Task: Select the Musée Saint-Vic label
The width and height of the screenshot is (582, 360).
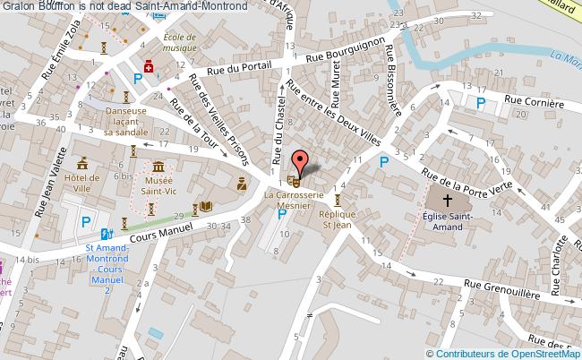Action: (x=158, y=186)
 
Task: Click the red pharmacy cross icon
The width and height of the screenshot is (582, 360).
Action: (x=150, y=66)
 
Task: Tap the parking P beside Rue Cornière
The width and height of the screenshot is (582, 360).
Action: (x=482, y=103)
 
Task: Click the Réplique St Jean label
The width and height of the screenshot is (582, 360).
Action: (x=338, y=220)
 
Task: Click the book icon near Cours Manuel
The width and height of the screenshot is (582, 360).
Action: (x=206, y=207)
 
